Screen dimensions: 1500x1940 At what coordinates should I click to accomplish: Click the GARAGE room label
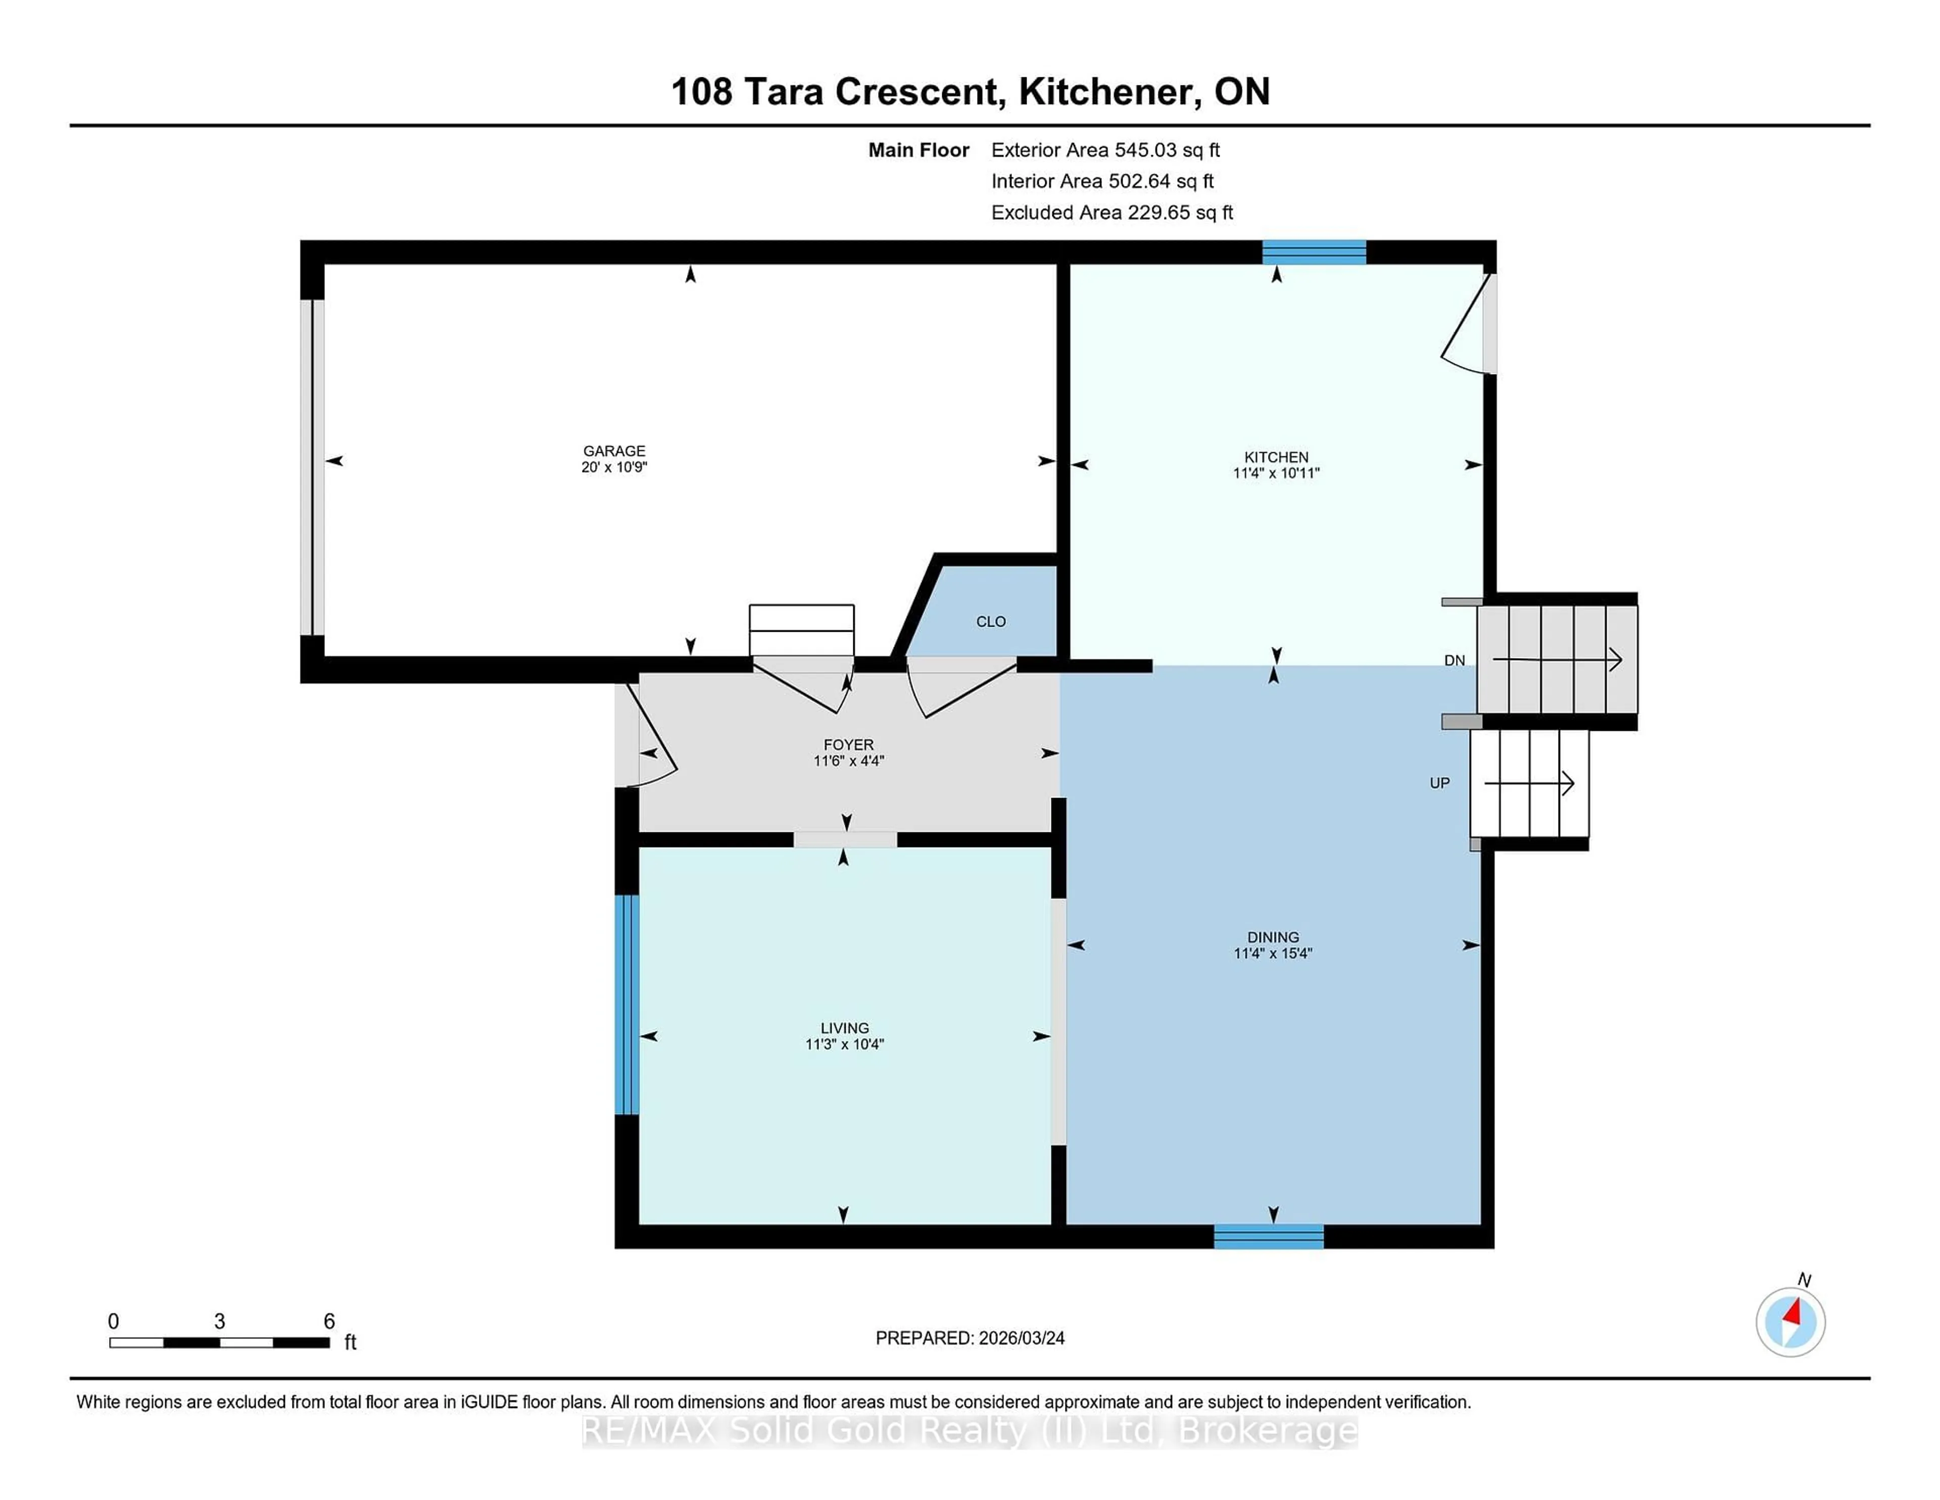point(614,450)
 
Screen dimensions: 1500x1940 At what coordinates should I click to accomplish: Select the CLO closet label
point(990,621)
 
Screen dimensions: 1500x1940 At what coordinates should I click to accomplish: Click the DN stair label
point(1454,660)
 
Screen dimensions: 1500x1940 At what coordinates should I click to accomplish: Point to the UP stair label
point(1439,783)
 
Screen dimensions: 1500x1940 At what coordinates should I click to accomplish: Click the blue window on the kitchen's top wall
point(1314,252)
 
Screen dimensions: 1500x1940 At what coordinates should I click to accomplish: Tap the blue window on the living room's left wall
point(627,1004)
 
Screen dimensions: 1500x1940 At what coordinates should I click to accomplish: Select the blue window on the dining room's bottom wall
point(1269,1236)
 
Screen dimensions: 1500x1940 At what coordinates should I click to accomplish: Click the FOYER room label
point(848,744)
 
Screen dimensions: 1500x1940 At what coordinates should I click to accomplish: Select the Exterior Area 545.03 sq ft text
point(1105,150)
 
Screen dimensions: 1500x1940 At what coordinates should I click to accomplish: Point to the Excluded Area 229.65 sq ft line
point(1111,212)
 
